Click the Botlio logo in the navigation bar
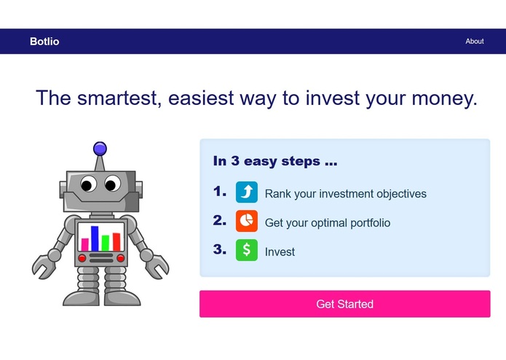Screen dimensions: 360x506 click(44, 42)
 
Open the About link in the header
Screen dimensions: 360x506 click(475, 42)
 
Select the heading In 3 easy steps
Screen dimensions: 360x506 click(275, 162)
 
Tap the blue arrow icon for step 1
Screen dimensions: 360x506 click(247, 192)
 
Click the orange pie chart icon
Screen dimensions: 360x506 click(247, 221)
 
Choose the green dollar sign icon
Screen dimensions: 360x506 click(247, 250)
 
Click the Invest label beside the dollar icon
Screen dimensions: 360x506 click(280, 252)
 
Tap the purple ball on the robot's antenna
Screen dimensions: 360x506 click(100, 149)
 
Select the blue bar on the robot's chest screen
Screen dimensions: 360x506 click(95, 238)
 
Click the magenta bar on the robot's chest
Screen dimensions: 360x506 click(84, 243)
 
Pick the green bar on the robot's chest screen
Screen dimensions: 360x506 click(106, 242)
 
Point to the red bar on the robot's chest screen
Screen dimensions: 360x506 click(116, 241)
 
